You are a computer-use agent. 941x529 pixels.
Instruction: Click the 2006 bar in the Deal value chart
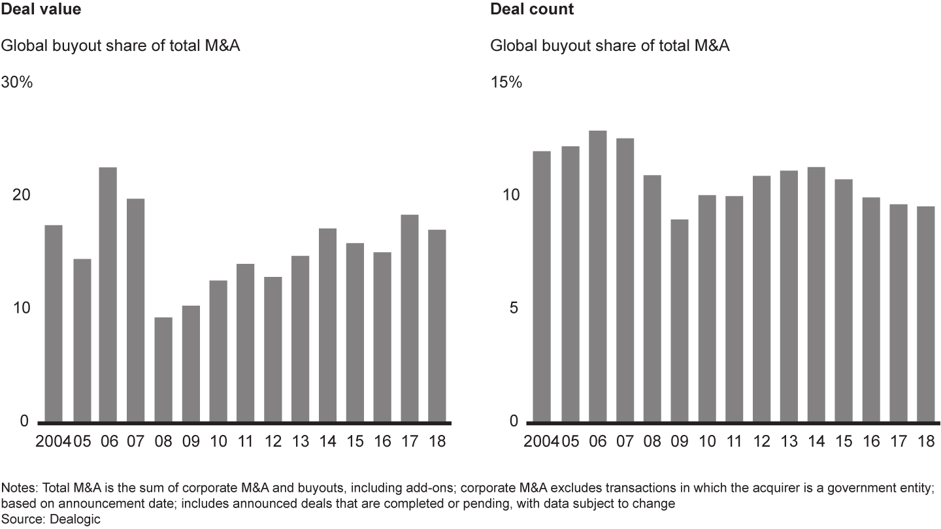click(108, 294)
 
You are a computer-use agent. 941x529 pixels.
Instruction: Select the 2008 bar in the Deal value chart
click(163, 369)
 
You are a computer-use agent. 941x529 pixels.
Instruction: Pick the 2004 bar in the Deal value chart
click(54, 323)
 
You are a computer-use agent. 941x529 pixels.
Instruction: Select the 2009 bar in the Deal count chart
click(680, 320)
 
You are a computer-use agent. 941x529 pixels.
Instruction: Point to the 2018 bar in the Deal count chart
click(925, 313)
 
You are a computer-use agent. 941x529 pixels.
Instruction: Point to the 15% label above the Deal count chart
click(506, 83)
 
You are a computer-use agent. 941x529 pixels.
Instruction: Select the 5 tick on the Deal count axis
click(514, 308)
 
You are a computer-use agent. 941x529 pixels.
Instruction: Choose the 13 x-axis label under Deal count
click(789, 441)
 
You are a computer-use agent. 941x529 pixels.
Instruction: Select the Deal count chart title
click(532, 9)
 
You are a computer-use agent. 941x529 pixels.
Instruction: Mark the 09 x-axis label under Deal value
click(191, 441)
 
